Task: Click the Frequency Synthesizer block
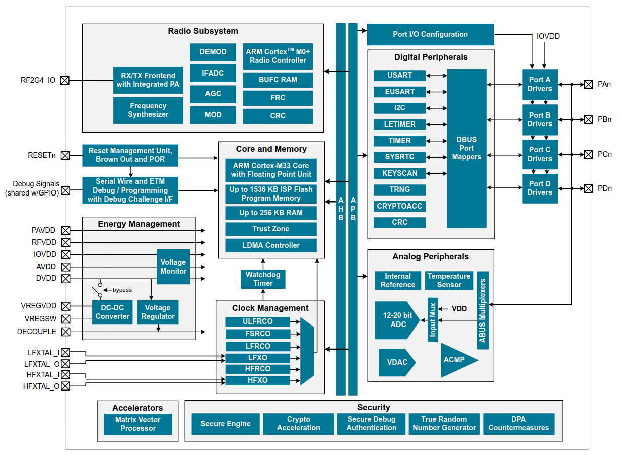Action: coord(148,110)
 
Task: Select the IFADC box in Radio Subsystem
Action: coord(213,73)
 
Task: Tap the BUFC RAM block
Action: coord(278,80)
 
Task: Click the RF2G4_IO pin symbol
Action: coord(65,80)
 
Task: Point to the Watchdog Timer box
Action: coord(263,279)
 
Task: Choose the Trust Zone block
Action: coord(271,229)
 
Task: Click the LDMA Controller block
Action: coord(271,245)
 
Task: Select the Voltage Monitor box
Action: coord(173,267)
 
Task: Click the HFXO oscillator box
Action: coord(258,380)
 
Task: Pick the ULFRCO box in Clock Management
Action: coord(258,321)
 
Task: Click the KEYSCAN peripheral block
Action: coord(400,173)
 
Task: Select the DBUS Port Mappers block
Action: coord(467,149)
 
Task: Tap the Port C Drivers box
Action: coord(540,154)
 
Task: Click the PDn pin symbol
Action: coord(588,188)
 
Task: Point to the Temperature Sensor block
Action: coord(449,281)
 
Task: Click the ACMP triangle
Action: coord(456,360)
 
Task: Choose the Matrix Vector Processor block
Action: coord(138,424)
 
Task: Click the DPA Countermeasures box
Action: coord(519,424)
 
